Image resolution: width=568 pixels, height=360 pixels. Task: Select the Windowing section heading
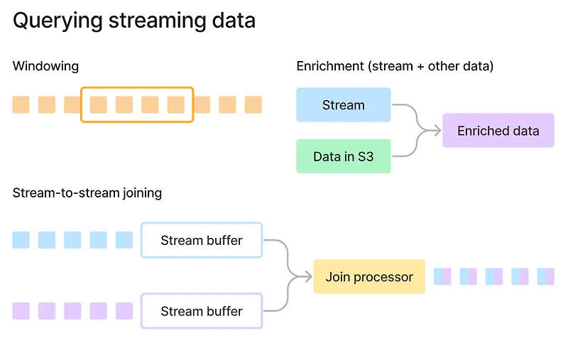(x=45, y=66)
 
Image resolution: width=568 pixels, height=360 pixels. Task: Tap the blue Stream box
(x=343, y=105)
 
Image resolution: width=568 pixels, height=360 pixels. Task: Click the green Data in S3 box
(x=343, y=156)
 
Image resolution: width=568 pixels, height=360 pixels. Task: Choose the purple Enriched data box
(x=498, y=131)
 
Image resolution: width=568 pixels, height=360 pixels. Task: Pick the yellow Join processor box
(x=369, y=277)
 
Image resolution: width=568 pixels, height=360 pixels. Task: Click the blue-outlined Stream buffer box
(x=202, y=240)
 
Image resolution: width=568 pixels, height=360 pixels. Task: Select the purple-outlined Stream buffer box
(x=202, y=311)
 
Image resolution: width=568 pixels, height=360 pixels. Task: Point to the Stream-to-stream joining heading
(x=87, y=192)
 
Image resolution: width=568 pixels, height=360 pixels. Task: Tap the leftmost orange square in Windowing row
(x=21, y=105)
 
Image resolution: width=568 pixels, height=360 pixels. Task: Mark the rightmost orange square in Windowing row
(x=253, y=105)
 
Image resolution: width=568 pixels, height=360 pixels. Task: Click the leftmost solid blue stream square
(x=21, y=240)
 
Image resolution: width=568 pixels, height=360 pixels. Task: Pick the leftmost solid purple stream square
(x=21, y=311)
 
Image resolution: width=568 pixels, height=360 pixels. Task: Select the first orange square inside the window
(x=98, y=105)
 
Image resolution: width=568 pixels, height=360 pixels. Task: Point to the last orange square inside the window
(x=175, y=105)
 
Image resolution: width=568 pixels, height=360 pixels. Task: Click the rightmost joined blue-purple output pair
(x=546, y=277)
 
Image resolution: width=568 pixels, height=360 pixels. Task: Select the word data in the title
(x=231, y=21)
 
